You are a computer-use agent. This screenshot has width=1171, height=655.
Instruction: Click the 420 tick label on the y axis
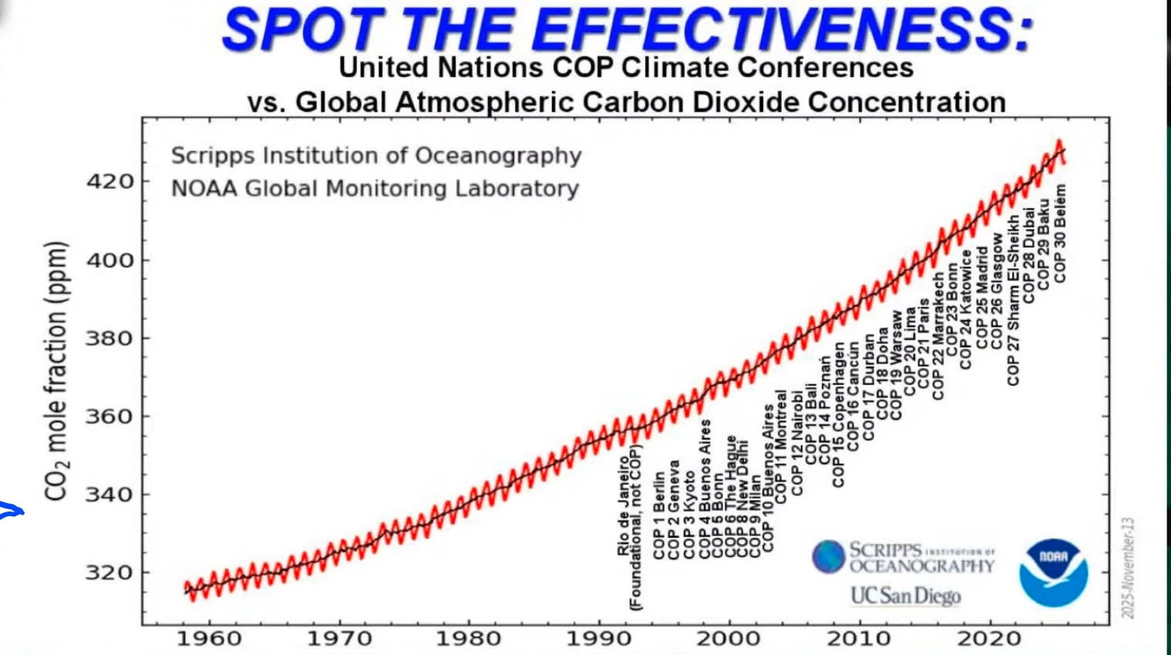click(109, 182)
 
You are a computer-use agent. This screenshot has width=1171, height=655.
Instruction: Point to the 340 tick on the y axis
click(109, 495)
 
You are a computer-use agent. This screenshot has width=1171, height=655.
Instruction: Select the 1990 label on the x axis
click(599, 639)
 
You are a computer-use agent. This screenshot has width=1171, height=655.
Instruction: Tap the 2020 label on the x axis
click(989, 639)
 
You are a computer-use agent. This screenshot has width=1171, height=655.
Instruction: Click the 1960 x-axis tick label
click(209, 639)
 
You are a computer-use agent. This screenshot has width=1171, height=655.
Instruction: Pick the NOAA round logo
click(1053, 572)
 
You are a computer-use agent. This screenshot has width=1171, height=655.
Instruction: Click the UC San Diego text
click(906, 596)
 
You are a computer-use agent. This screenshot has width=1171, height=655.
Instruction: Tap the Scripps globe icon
click(829, 556)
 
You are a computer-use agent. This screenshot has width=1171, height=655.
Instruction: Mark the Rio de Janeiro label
click(623, 505)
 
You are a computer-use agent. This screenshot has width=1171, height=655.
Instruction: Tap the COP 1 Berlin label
click(658, 515)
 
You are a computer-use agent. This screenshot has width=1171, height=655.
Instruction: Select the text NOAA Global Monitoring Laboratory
click(375, 189)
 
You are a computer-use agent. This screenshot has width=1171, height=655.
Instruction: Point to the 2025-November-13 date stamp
click(1128, 567)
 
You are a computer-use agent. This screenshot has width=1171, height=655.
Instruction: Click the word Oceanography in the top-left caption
click(498, 156)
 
